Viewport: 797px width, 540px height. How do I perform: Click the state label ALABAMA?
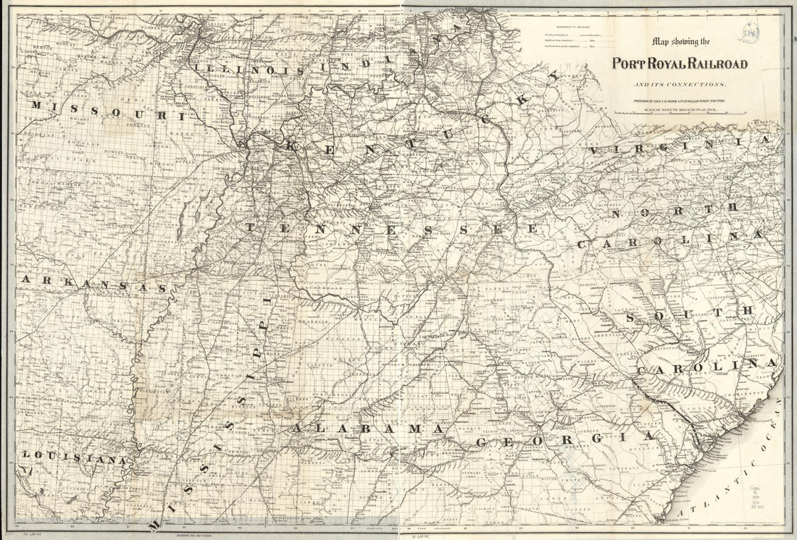[x=366, y=430]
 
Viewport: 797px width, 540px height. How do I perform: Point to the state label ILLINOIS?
[x=240, y=67]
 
